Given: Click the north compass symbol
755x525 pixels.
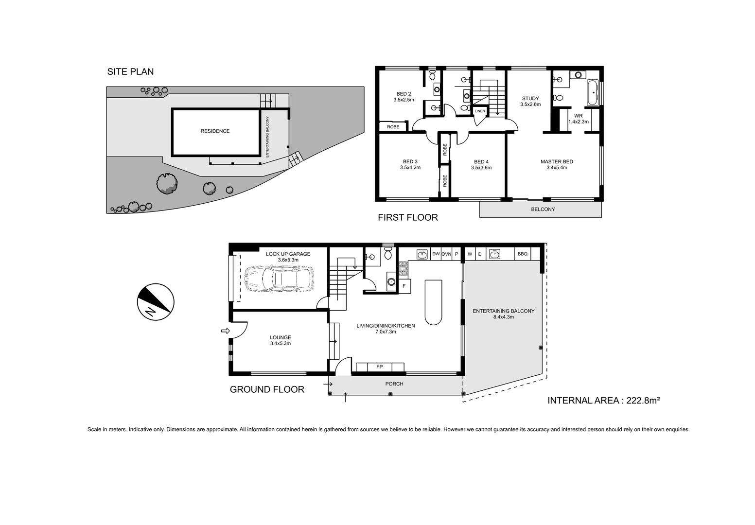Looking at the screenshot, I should (156, 301).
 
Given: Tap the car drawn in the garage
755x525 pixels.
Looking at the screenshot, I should (278, 279).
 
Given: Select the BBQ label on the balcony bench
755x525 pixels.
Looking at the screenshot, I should (523, 254).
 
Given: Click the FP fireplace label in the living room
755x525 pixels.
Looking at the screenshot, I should (380, 367).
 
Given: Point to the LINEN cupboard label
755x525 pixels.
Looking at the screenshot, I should (480, 111).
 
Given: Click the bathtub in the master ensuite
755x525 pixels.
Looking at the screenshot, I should (592, 92).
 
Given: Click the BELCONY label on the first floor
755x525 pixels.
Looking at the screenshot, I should (543, 210).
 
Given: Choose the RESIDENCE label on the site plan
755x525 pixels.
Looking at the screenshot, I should (215, 131).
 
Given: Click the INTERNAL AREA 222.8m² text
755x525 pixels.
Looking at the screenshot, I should (603, 401).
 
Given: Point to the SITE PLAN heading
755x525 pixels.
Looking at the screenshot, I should (130, 71).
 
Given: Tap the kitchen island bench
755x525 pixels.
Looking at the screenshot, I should (433, 302).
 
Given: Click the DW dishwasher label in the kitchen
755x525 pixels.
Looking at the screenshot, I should (436, 254).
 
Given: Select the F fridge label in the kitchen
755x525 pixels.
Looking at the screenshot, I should (404, 286).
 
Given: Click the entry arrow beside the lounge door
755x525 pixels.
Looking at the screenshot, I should (225, 331).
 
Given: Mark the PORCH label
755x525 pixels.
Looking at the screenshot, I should (394, 384).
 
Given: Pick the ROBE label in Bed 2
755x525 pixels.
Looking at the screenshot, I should (393, 127).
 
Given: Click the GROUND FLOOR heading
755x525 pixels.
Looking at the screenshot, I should (267, 389).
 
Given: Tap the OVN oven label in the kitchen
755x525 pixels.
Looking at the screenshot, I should (446, 254).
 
